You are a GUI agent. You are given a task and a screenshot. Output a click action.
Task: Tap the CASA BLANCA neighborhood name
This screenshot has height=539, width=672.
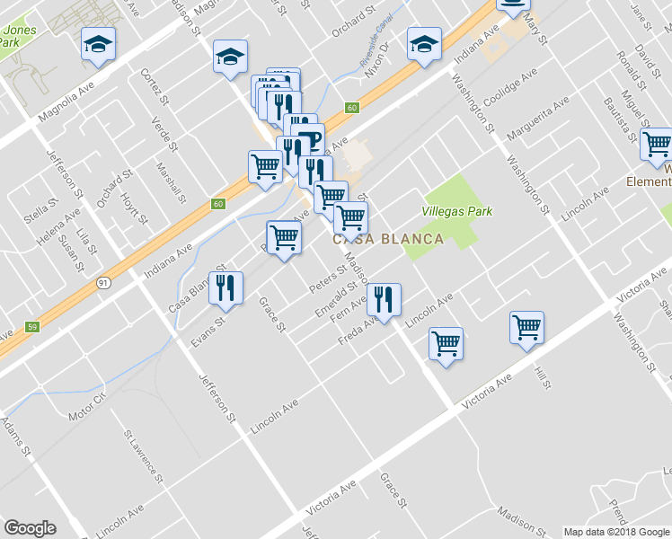tap(388, 240)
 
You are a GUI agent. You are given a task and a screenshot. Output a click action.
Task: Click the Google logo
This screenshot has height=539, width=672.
tap(30, 527)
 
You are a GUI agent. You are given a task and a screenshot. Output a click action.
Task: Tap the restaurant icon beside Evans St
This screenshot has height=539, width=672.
tap(225, 288)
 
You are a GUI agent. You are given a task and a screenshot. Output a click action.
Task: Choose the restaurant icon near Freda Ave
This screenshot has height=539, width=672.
tap(384, 300)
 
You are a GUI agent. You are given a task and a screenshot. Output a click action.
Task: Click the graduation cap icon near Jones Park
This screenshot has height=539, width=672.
tap(98, 45)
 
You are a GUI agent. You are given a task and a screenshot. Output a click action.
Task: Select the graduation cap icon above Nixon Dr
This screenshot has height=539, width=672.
tap(424, 44)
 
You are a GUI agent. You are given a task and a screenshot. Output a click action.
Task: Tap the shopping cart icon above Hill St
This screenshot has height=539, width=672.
tap(526, 328)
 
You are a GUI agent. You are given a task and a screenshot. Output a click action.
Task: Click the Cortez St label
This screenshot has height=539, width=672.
tap(149, 84)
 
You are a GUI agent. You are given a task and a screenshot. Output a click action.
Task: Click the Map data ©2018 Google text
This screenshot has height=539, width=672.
tap(616, 532)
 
